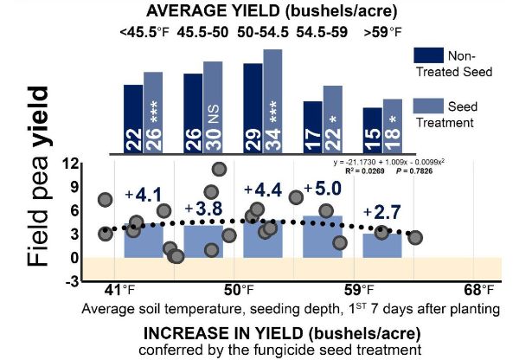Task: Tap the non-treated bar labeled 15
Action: pyautogui.click(x=372, y=131)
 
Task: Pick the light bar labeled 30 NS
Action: pyautogui.click(x=213, y=107)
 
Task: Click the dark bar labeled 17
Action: pyautogui.click(x=312, y=127)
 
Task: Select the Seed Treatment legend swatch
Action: pyautogui.click(x=427, y=112)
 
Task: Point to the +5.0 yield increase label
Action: pyautogui.click(x=322, y=189)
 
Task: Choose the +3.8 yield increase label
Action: pyautogui.click(x=204, y=209)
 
